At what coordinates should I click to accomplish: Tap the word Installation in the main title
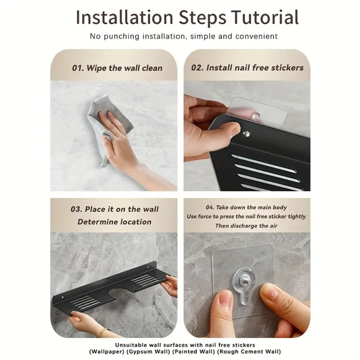(x=125, y=17)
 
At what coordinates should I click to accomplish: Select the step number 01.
(x=78, y=68)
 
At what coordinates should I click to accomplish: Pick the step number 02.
(x=197, y=68)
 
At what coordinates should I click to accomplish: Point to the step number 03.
(x=76, y=210)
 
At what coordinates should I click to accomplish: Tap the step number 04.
(x=210, y=208)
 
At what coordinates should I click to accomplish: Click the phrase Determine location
(x=114, y=222)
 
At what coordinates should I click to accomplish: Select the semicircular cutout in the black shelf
(x=120, y=293)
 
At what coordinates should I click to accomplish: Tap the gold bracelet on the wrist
(x=103, y=332)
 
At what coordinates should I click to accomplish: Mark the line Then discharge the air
(x=246, y=226)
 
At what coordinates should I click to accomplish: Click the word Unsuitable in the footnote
(x=131, y=345)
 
